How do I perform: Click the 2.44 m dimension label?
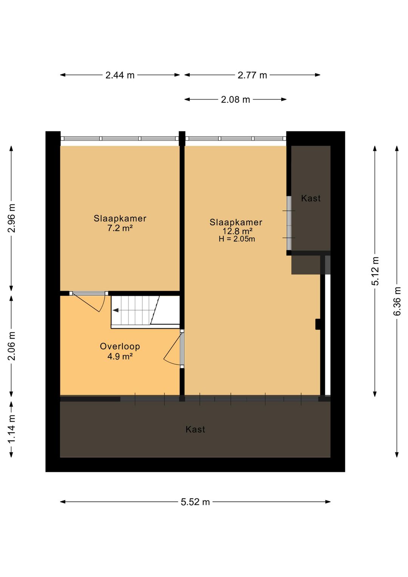point(120,75)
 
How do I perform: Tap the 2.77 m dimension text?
point(252,75)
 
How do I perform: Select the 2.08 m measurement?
point(235,100)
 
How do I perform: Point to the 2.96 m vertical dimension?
point(12,218)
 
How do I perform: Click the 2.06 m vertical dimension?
point(12,346)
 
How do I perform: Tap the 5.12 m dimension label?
point(375,271)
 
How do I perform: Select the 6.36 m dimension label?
point(397,301)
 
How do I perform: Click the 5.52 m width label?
point(195,502)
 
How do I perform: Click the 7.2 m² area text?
point(120,228)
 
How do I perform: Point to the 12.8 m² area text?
point(237,231)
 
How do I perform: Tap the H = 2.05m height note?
point(237,239)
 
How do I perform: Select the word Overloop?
point(120,346)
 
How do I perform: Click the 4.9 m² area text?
point(120,356)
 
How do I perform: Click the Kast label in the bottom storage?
point(195,430)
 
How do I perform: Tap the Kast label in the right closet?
point(311,199)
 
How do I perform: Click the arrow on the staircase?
point(116,310)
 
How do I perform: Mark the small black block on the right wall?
point(318,324)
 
